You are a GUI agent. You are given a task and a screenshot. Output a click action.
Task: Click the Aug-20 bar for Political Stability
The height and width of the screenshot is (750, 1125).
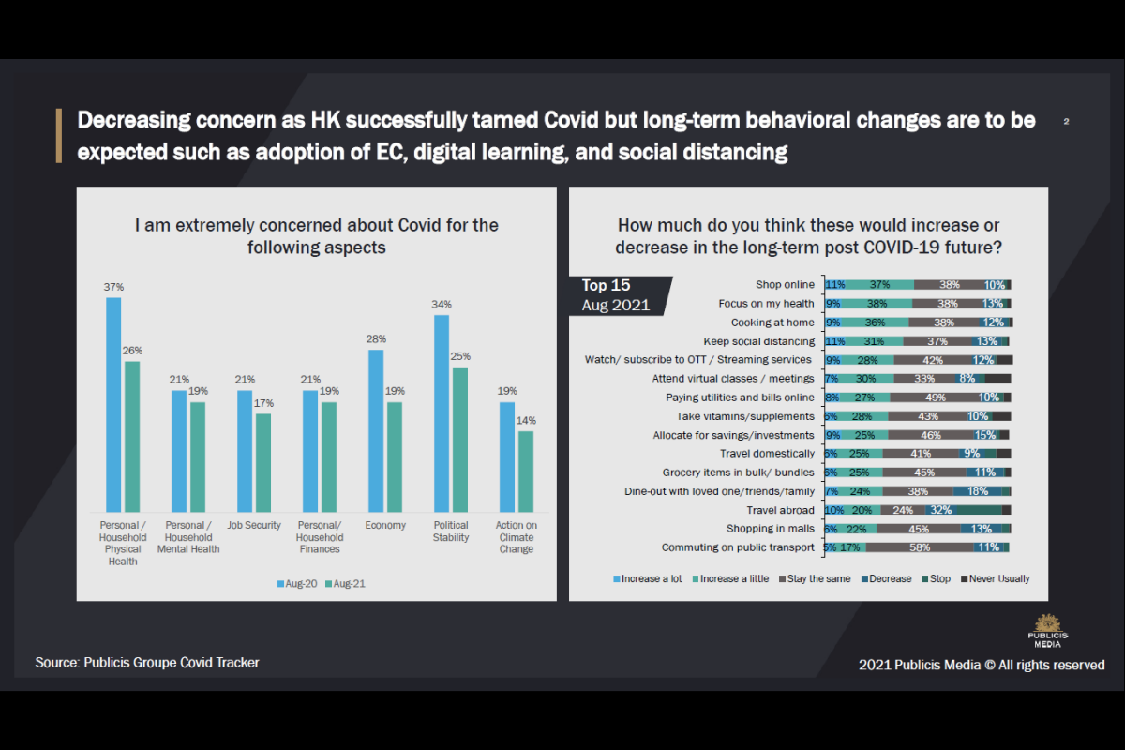tap(442, 412)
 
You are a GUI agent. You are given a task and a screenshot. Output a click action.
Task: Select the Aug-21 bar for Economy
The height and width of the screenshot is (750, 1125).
tap(395, 456)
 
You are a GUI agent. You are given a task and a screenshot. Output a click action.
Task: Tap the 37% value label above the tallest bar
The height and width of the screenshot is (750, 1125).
tap(113, 286)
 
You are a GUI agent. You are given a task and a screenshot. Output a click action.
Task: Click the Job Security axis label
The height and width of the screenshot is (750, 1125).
tap(254, 526)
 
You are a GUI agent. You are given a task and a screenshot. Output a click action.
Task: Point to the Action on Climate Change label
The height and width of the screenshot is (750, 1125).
tap(517, 537)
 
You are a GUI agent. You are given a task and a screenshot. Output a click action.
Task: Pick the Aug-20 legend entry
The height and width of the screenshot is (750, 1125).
tap(298, 584)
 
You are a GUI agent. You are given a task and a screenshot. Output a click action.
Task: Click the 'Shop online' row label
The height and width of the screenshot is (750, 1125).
tap(785, 285)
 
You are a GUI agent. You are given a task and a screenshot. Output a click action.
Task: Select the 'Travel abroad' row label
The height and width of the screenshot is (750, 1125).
tap(780, 510)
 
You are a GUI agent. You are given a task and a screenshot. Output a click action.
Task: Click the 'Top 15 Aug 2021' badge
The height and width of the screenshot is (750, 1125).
tap(616, 295)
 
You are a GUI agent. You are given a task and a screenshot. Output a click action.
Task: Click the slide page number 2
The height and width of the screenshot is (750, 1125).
tap(1067, 122)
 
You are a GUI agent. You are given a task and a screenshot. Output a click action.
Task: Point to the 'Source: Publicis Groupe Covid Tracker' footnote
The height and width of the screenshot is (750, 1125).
tap(147, 663)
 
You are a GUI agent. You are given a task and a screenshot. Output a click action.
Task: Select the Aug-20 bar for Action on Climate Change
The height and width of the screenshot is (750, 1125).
tap(507, 456)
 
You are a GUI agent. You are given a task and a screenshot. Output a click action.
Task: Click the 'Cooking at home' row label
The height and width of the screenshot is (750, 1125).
tap(772, 322)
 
